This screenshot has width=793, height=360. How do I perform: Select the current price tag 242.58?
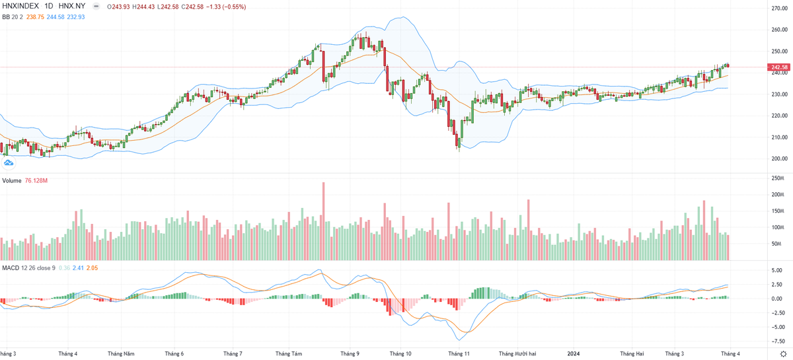point(779,67)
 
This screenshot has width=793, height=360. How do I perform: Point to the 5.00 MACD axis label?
point(782,270)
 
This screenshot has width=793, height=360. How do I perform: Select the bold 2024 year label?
point(574,353)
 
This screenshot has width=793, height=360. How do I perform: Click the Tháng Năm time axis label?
point(122,353)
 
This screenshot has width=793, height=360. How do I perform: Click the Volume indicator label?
point(12,180)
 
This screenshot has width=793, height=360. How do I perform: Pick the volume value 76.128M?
point(36,180)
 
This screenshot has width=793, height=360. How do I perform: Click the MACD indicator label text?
point(10,268)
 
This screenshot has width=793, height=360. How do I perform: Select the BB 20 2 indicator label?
point(13,17)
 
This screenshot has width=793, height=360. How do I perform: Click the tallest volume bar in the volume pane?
point(324,222)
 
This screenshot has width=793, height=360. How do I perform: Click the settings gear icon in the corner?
point(784,354)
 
